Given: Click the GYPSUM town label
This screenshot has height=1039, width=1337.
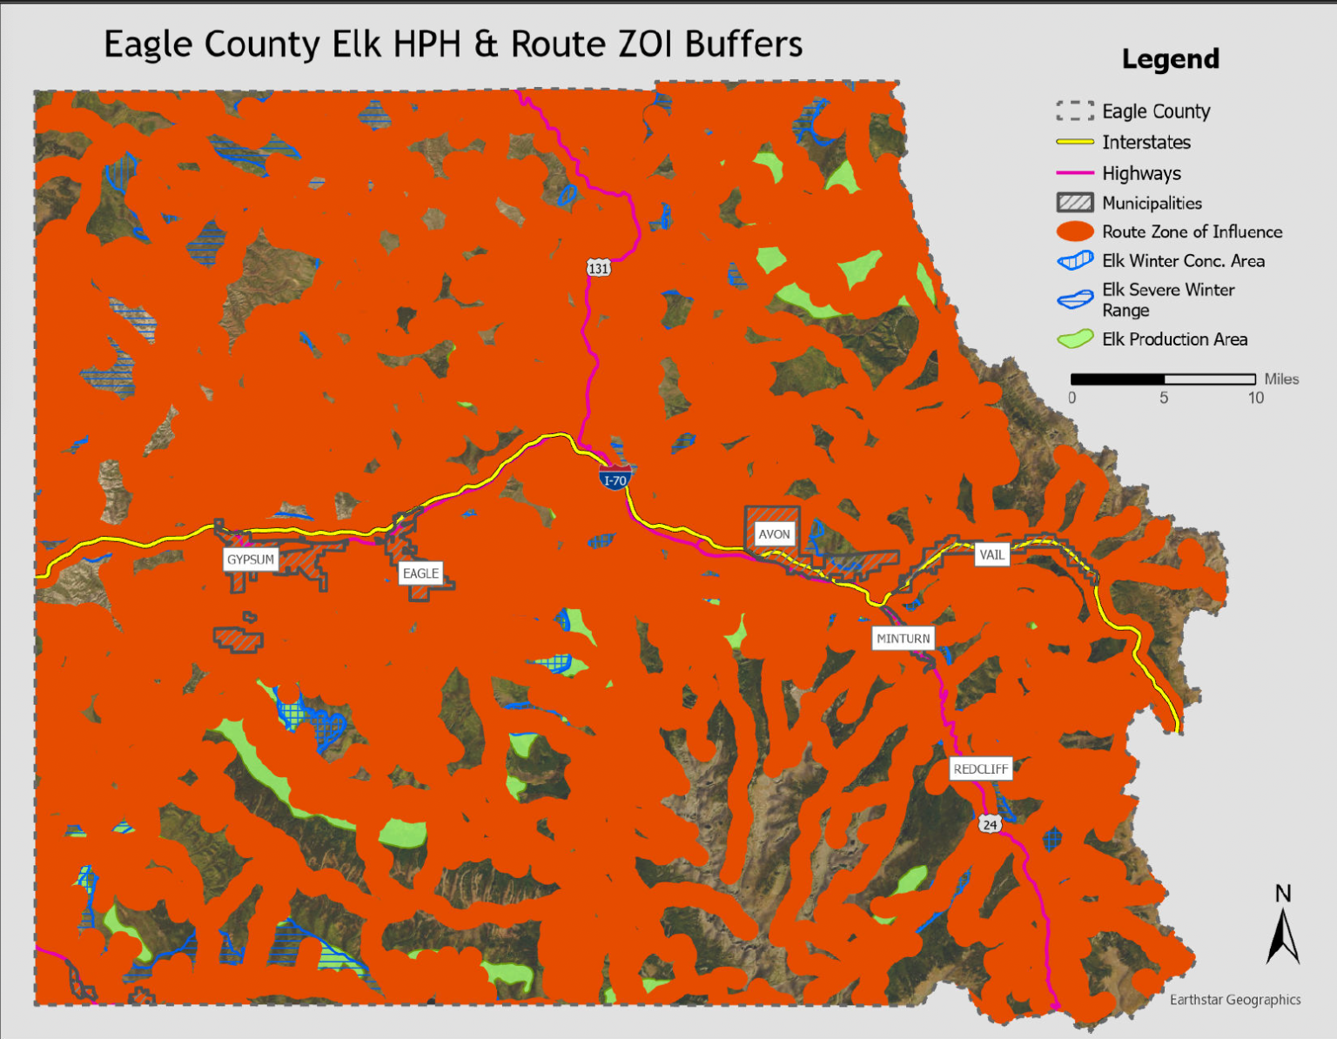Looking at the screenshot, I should (x=251, y=560).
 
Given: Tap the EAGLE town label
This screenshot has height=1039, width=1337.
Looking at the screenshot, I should (x=420, y=573).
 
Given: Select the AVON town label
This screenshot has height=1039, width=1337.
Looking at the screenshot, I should (x=774, y=534).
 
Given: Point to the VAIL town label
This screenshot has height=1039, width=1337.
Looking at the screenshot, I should (x=991, y=554).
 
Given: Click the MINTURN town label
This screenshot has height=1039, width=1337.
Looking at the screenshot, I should (x=903, y=639).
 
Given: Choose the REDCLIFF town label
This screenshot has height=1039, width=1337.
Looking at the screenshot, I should (x=980, y=769).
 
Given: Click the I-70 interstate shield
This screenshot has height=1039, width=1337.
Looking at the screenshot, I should (x=615, y=479).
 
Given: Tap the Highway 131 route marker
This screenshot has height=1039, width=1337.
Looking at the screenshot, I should (x=598, y=268).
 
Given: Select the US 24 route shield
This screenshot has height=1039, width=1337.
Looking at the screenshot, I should (x=990, y=824).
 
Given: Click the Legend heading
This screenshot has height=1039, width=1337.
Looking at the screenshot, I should (x=1170, y=59).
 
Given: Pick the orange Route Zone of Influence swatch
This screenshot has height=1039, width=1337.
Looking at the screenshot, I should (x=1075, y=231).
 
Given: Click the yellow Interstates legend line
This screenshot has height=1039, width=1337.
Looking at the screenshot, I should (x=1075, y=142).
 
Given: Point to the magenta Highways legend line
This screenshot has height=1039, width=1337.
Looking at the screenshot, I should (x=1075, y=173).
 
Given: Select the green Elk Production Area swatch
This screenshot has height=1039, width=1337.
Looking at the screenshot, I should (x=1075, y=339).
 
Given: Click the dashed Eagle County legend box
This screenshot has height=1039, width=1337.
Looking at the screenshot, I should (x=1075, y=111).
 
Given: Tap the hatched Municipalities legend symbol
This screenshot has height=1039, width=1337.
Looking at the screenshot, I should (x=1075, y=203).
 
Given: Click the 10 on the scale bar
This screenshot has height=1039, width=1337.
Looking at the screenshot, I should (x=1255, y=399).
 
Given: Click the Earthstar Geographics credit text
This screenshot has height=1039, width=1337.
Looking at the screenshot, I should (x=1234, y=1000).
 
